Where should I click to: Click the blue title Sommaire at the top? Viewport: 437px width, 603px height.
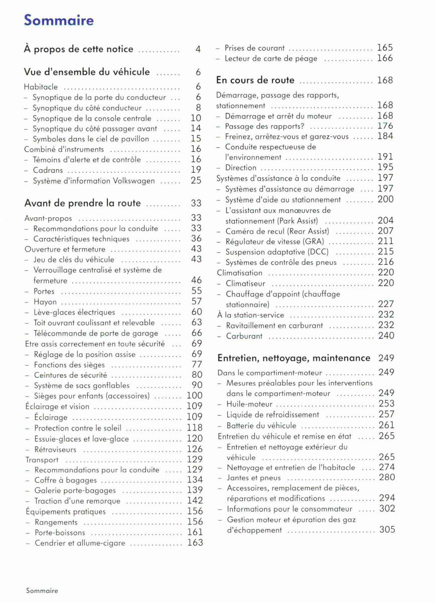[x=59, y=21]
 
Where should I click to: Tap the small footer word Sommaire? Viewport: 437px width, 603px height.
[x=42, y=590]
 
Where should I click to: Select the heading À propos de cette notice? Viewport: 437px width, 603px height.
[x=79, y=49]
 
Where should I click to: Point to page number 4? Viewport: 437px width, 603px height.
[x=198, y=49]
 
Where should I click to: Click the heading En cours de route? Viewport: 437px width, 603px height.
[x=255, y=80]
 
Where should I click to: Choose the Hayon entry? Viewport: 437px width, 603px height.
[x=45, y=302]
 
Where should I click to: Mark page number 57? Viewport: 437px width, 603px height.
[x=196, y=301]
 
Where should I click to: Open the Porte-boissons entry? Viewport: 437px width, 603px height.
[x=59, y=532]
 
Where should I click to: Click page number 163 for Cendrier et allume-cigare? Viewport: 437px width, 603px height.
[x=195, y=543]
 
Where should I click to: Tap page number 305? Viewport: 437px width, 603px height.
[x=387, y=530]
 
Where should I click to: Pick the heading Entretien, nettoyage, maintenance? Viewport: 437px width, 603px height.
[x=294, y=358]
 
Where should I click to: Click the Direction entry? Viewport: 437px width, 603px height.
[x=241, y=168]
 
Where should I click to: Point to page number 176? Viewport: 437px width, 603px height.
[x=385, y=126]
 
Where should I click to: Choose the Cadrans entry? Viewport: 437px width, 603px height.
[x=48, y=170]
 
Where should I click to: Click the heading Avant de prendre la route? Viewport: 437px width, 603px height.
[x=83, y=204]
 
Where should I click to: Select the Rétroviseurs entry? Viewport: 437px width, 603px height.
[x=55, y=450]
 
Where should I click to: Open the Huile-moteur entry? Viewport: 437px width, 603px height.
[x=249, y=404]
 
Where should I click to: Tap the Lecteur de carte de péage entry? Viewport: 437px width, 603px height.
[x=271, y=59]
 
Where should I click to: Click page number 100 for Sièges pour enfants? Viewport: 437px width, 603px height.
[x=195, y=396]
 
